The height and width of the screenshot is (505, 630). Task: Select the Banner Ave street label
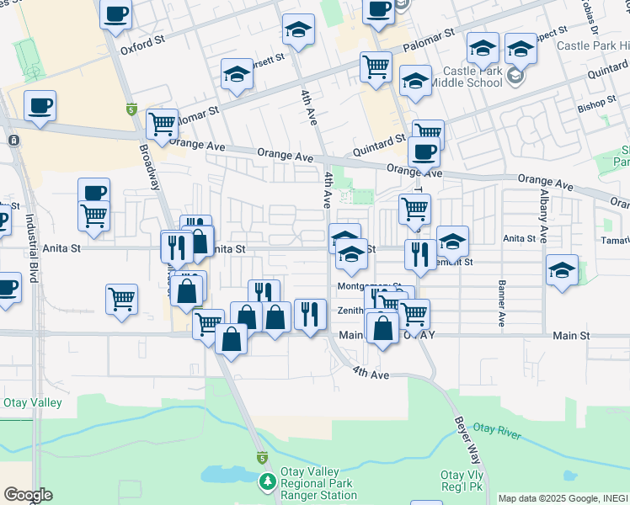(502, 304)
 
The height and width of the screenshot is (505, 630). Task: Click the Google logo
(27, 495)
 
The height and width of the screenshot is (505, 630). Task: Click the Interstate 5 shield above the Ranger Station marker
(261, 458)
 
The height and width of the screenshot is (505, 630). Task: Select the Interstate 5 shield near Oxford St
(131, 109)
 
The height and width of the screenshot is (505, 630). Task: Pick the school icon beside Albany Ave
(562, 270)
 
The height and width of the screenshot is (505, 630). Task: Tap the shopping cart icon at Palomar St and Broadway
(162, 125)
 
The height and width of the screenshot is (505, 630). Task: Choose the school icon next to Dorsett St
(238, 74)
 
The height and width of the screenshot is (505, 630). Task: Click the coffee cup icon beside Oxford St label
(115, 13)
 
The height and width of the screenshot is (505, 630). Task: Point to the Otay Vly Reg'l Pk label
(461, 481)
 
